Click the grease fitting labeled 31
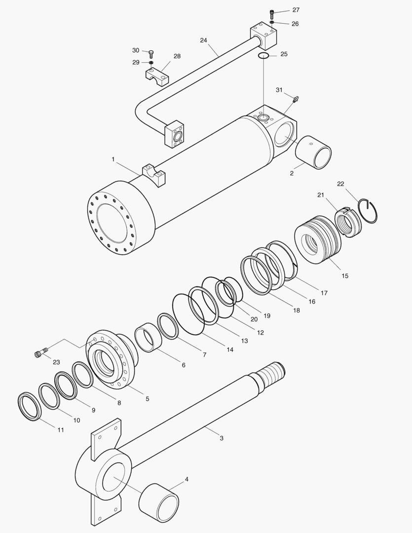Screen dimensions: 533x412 click(296, 100)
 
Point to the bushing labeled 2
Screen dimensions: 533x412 click(313, 152)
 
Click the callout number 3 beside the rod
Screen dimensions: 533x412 click(222, 438)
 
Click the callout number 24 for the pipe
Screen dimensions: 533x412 click(204, 40)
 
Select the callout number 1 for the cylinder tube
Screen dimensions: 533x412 click(113, 159)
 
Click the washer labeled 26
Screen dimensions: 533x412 click(272, 23)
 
